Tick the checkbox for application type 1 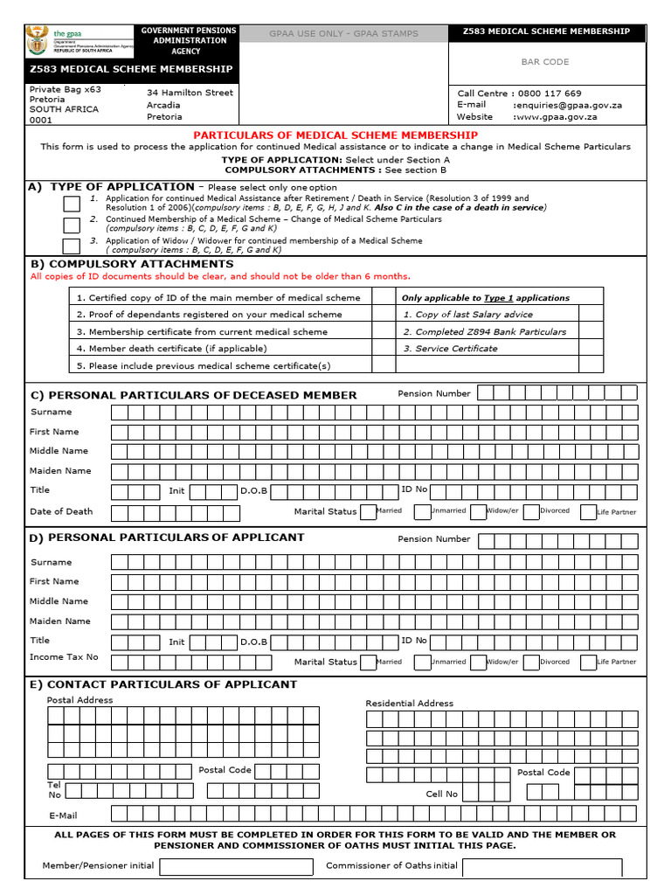pyautogui.click(x=71, y=204)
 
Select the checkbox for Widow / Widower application pyautogui.click(x=71, y=246)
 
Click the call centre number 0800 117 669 pyautogui.click(x=549, y=94)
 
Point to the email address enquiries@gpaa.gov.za pyautogui.click(x=567, y=105)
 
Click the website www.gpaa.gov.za pyautogui.click(x=555, y=116)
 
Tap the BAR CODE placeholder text pyautogui.click(x=544, y=62)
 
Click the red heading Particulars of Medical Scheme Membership pyautogui.click(x=335, y=135)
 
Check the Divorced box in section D pyautogui.click(x=531, y=662)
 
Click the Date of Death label pyautogui.click(x=61, y=511)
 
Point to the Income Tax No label pyautogui.click(x=64, y=656)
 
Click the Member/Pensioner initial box pyautogui.click(x=236, y=866)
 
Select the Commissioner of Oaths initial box pyautogui.click(x=542, y=866)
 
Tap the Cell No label pyautogui.click(x=441, y=794)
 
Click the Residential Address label pyautogui.click(x=409, y=703)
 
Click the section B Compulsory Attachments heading pyautogui.click(x=132, y=264)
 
